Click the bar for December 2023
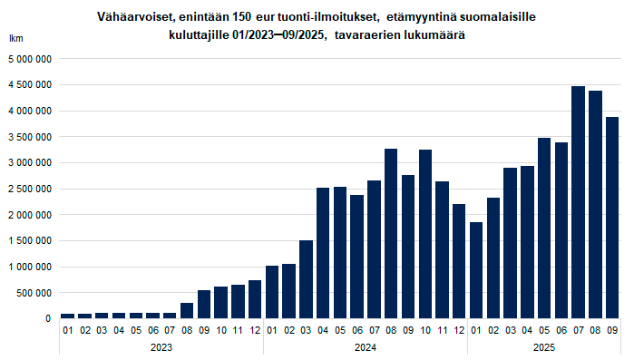[x=255, y=299]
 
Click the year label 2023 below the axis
[x=161, y=346]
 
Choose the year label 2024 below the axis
[x=365, y=346]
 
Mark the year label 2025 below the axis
[x=543, y=346]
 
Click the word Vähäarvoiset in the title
[x=132, y=17]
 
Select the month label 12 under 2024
[x=459, y=331]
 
